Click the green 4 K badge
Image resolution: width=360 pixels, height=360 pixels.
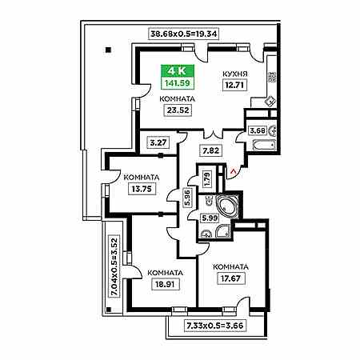[x=178, y=70]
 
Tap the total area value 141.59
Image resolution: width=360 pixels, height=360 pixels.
[x=178, y=83]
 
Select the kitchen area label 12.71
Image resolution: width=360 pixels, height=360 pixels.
[x=234, y=86]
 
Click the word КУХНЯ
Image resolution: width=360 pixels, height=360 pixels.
[x=235, y=74]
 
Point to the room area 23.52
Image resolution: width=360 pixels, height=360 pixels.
[x=178, y=110]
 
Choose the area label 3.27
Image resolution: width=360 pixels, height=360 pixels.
[x=158, y=142]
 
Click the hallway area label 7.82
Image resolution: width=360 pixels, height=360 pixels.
[x=211, y=150]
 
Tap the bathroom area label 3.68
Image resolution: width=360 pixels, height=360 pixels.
[x=258, y=130]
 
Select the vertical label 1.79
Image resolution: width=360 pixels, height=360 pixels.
[x=207, y=179]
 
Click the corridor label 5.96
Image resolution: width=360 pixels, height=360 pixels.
[x=187, y=198]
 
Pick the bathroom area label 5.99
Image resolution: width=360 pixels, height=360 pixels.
[x=210, y=218]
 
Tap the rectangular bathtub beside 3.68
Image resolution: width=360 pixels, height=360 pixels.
[x=263, y=145]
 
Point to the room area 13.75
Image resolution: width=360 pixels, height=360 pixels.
[x=142, y=189]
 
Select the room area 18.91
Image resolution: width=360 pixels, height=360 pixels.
[x=165, y=284]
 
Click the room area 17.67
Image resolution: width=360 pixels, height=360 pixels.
[x=231, y=278]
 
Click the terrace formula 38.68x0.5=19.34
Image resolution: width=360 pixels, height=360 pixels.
[x=184, y=34]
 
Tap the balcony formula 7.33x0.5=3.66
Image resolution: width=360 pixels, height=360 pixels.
[x=215, y=326]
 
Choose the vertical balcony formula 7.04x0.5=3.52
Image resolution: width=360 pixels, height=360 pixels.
[x=114, y=266]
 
